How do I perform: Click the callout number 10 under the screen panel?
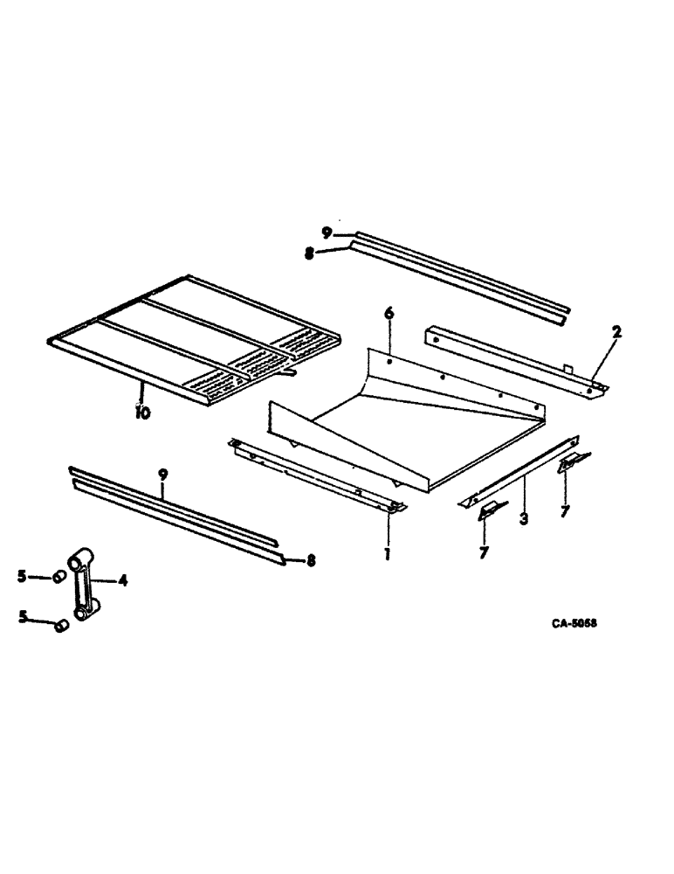pos(141,412)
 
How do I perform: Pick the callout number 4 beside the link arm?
pos(122,579)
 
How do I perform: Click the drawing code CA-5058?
pos(579,624)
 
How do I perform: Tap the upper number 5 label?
pos(23,576)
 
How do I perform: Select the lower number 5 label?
pos(23,618)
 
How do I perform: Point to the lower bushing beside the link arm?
pos(61,626)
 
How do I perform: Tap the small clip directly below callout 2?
pos(574,462)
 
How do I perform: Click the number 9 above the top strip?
pos(326,232)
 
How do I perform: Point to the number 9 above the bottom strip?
pos(162,475)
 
